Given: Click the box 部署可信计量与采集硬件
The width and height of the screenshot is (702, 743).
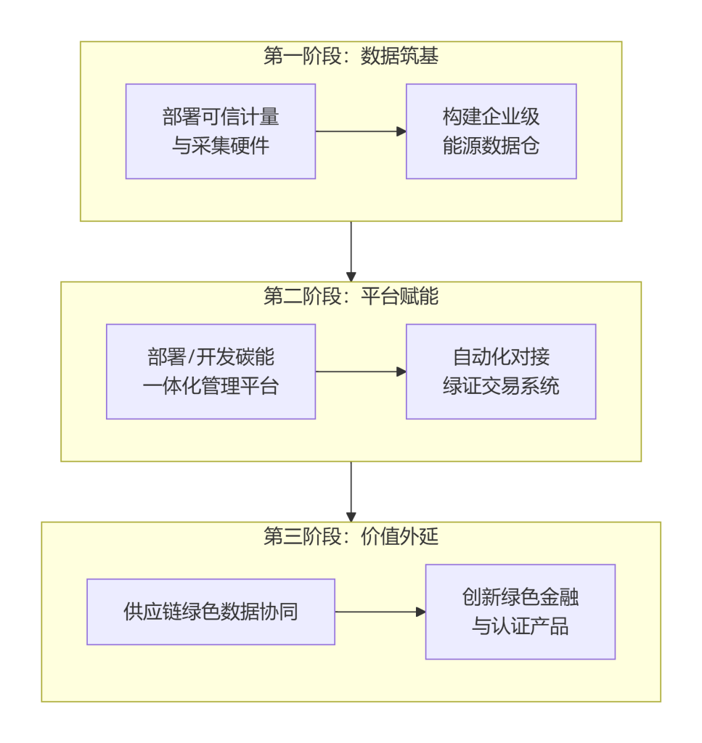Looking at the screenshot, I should pyautogui.click(x=220, y=131).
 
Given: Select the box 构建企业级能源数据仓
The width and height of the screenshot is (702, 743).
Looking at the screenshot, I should pyautogui.click(x=491, y=131).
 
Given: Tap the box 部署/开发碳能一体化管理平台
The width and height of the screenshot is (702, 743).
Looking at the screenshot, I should pyautogui.click(x=211, y=371).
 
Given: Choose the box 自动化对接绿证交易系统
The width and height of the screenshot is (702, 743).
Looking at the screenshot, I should pyautogui.click(x=500, y=371).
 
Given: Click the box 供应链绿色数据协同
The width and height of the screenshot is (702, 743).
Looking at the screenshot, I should pyautogui.click(x=211, y=612).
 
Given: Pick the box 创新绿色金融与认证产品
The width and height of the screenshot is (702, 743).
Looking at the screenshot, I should pyautogui.click(x=520, y=612).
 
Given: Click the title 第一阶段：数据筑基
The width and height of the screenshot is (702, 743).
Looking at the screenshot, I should pyautogui.click(x=351, y=57).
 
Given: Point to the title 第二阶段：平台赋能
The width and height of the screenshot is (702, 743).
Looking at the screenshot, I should pyautogui.click(x=351, y=297).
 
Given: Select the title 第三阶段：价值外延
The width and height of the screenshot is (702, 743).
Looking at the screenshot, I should pyautogui.click(x=351, y=537).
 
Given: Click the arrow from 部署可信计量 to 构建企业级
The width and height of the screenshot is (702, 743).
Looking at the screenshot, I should pyautogui.click(x=360, y=131).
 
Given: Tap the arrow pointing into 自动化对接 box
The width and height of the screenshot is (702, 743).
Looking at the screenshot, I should pyautogui.click(x=360, y=371).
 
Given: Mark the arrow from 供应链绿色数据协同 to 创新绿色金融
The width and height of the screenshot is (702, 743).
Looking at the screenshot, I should pyautogui.click(x=380, y=612).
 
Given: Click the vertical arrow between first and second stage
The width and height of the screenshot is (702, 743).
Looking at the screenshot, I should pyautogui.click(x=351, y=251).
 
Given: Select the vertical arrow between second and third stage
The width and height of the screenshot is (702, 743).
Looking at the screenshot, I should pyautogui.click(x=351, y=491).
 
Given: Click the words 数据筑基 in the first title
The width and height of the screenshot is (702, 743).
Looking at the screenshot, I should pyautogui.click(x=399, y=57).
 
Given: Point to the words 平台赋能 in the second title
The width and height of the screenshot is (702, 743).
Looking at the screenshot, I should pyautogui.click(x=399, y=297).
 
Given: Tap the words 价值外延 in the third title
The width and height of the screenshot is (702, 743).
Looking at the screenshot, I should pyautogui.click(x=399, y=537).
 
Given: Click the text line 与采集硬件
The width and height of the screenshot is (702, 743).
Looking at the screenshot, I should pyautogui.click(x=220, y=146).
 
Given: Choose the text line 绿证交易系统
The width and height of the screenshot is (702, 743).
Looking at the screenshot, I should pyautogui.click(x=500, y=386).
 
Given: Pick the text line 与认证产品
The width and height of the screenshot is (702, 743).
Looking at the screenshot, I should pyautogui.click(x=520, y=626).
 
